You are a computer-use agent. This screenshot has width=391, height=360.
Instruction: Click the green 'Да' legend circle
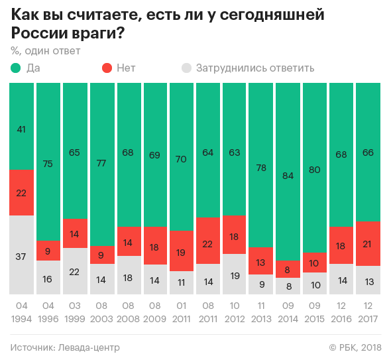click(16, 68)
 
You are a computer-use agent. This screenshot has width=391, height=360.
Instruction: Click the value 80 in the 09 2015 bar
click(315, 170)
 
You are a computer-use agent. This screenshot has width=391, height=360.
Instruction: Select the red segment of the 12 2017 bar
click(368, 243)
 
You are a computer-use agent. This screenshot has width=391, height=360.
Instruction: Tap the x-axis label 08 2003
click(101, 314)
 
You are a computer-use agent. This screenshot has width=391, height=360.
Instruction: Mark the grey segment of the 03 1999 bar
click(75, 271)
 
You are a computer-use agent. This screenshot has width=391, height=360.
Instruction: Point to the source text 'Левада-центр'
click(89, 347)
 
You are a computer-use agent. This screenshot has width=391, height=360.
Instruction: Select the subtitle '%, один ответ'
click(45, 50)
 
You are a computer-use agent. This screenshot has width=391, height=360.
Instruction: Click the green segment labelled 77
click(101, 164)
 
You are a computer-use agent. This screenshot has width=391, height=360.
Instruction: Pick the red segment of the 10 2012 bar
click(235, 235)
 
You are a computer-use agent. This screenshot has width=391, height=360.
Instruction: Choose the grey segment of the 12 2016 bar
click(341, 279)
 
